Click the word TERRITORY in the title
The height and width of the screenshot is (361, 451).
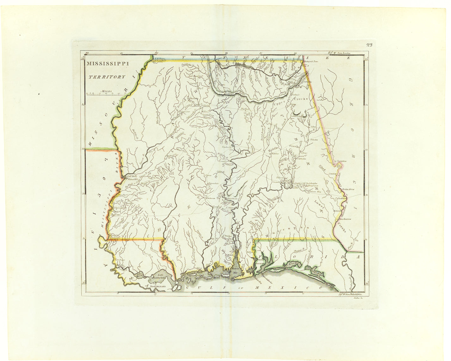pyautogui.click(x=107, y=77)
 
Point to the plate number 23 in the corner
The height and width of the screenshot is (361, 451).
pyautogui.click(x=369, y=45)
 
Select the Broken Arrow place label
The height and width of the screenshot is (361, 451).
pyautogui.click(x=349, y=189)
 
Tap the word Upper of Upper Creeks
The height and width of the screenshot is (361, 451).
pyautogui.click(x=279, y=103)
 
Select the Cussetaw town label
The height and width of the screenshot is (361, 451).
pyautogui.click(x=342, y=161)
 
